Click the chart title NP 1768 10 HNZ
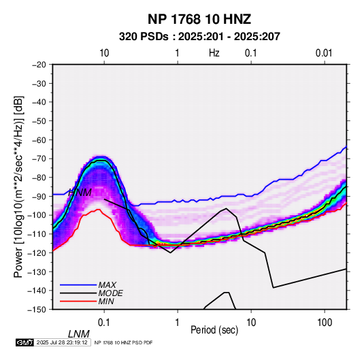[199, 19]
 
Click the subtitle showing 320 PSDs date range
[199, 37]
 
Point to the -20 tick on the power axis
[39, 65]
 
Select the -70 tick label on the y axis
[39, 159]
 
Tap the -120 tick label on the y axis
[37, 253]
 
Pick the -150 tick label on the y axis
[37, 310]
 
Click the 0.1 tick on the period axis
[104, 323]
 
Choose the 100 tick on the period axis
[325, 323]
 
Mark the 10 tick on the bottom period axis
[251, 323]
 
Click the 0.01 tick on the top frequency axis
[324, 53]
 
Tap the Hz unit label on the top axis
[214, 53]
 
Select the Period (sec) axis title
[214, 330]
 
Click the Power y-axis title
[18, 186]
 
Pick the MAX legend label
[107, 285]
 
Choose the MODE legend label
[110, 293]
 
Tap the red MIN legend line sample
[78, 301]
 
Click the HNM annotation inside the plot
[80, 193]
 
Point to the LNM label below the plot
[79, 334]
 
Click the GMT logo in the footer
[24, 342]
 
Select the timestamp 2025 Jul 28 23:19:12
[62, 342]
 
